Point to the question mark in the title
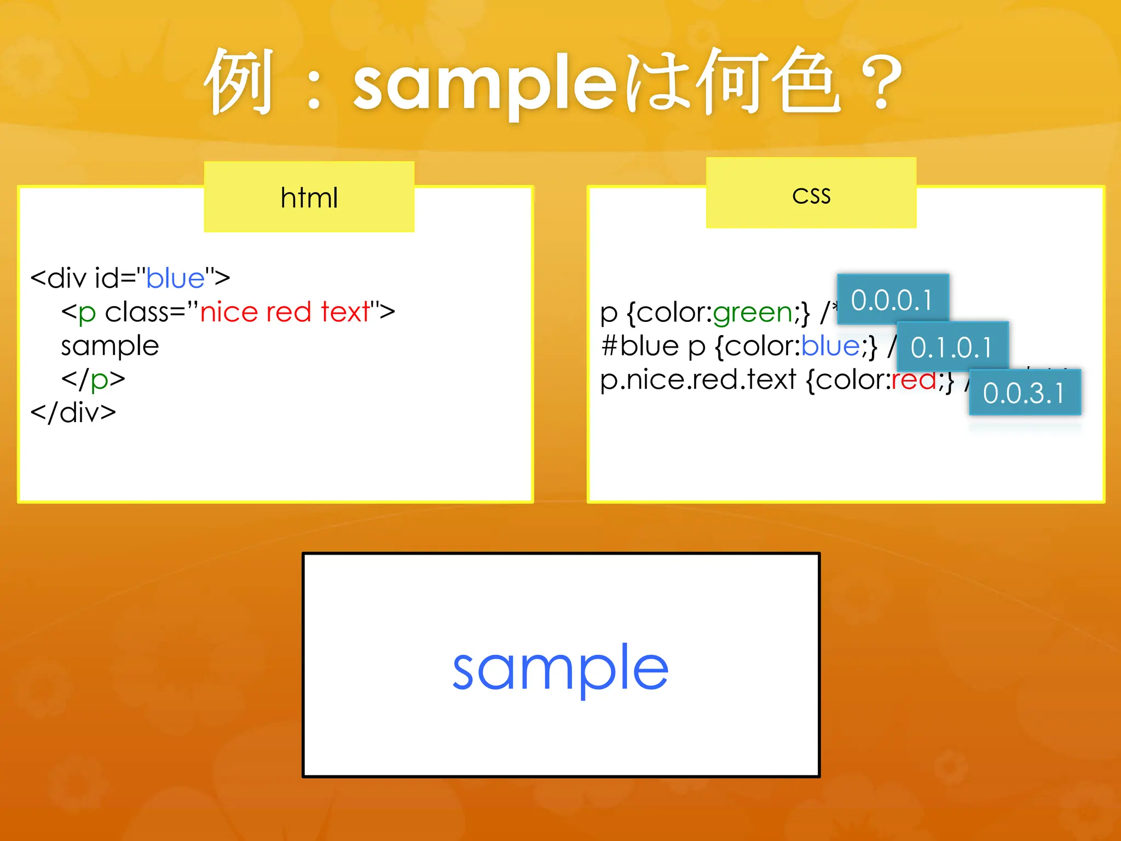(881, 82)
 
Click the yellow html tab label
(309, 197)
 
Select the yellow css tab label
(811, 194)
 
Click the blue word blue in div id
(175, 278)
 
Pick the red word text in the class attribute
(345, 312)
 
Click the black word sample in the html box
(110, 346)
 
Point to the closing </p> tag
(93, 379)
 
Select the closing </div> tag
(73, 412)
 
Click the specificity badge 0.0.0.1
(892, 299)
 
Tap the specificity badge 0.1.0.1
(952, 347)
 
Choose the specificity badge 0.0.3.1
(1024, 393)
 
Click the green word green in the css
(752, 313)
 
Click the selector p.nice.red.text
(698, 379)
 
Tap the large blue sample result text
(560, 668)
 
